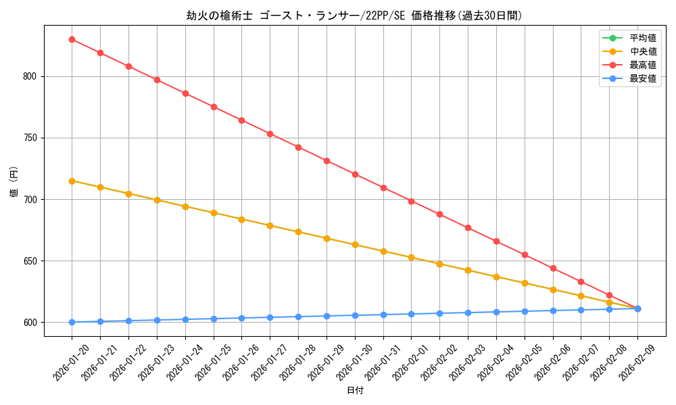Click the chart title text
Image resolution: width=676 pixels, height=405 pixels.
click(x=354, y=16)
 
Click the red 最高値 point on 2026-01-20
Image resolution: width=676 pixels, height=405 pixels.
click(x=72, y=39)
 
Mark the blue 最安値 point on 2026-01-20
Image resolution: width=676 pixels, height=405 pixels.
click(x=72, y=322)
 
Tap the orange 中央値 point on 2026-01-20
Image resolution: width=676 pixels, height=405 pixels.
click(x=72, y=181)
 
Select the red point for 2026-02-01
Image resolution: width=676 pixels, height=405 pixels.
click(x=411, y=201)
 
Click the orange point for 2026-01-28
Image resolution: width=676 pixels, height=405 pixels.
click(x=298, y=232)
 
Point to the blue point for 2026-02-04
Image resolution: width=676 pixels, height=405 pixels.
click(x=496, y=312)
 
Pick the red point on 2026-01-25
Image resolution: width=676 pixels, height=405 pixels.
click(x=214, y=107)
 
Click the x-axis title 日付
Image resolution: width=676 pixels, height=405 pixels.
click(x=354, y=391)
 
